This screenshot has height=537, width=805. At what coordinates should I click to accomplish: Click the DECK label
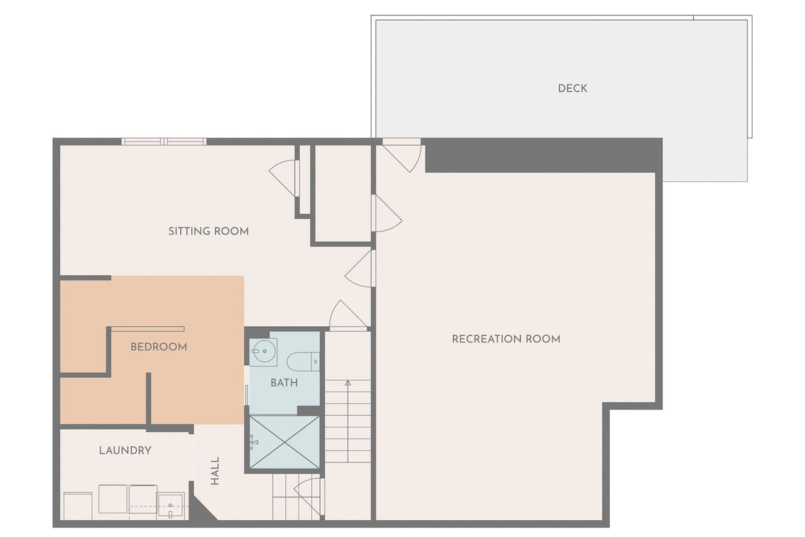tap(572, 89)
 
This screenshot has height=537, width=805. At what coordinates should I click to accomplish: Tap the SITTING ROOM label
tap(209, 231)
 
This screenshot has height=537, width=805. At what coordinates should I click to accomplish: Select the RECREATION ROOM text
tap(506, 339)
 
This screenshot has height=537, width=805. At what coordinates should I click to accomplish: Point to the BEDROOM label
tap(158, 347)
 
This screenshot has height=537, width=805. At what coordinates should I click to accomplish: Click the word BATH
tap(284, 383)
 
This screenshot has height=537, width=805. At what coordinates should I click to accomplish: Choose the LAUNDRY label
tap(125, 450)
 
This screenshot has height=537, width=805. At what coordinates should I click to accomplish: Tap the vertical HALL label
tap(215, 471)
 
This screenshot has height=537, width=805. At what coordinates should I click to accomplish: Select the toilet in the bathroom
tap(303, 362)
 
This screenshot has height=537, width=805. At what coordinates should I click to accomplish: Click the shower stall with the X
tap(284, 442)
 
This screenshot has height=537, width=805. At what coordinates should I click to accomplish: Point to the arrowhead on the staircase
tap(347, 383)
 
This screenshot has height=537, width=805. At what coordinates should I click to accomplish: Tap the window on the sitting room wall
tap(164, 142)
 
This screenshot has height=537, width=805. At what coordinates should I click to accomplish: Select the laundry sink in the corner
tap(170, 506)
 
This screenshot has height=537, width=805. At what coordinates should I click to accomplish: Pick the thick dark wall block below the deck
tap(543, 155)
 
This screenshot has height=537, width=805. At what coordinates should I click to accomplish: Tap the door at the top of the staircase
tap(348, 315)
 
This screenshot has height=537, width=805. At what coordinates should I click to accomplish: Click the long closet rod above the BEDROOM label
tap(148, 329)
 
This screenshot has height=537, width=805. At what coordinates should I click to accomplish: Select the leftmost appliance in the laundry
tap(78, 505)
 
